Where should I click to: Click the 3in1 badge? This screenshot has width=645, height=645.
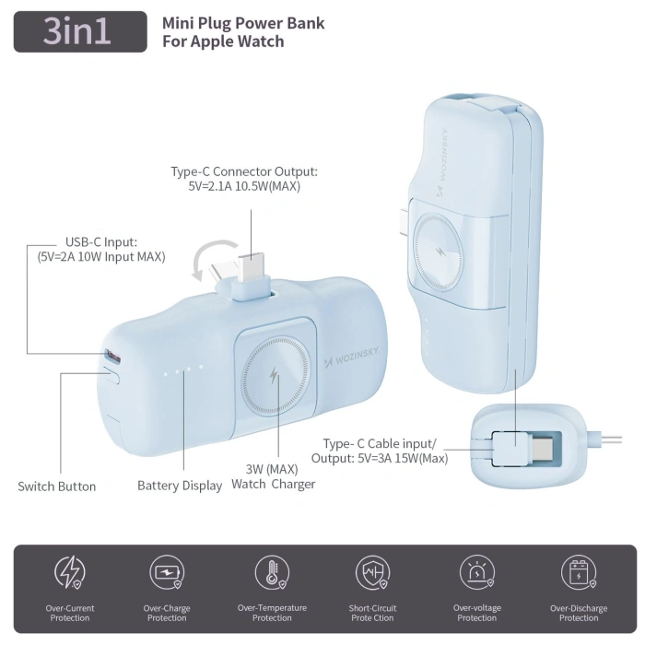(x=80, y=31)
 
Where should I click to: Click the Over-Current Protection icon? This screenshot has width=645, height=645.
(x=70, y=573)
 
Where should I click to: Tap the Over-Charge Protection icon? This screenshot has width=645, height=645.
(x=167, y=573)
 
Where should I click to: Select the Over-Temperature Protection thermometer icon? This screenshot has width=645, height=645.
(x=272, y=572)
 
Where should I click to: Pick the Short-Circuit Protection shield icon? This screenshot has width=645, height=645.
(x=372, y=573)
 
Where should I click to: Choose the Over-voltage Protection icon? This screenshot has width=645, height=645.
(x=476, y=573)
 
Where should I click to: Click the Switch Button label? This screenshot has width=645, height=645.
(x=57, y=487)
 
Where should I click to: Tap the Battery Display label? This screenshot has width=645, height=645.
(x=180, y=486)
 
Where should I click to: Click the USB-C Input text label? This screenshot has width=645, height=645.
(x=101, y=250)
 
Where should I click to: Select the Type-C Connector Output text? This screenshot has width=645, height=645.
(x=244, y=179)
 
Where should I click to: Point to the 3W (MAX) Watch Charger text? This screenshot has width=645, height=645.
(x=273, y=476)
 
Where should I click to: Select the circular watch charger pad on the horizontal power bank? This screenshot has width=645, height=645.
(x=274, y=377)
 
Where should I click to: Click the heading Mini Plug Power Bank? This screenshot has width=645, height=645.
(x=243, y=23)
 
